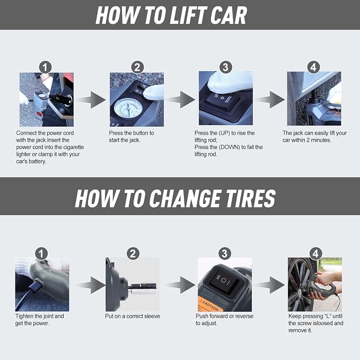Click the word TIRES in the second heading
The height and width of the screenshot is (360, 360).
click(x=250, y=198)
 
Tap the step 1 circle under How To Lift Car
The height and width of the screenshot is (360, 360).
click(x=45, y=67)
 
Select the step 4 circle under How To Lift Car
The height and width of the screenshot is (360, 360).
click(x=313, y=67)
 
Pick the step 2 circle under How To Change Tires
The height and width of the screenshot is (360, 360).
click(x=133, y=254)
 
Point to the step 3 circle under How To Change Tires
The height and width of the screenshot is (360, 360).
click(x=225, y=253)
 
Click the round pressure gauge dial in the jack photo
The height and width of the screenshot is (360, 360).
click(x=128, y=108)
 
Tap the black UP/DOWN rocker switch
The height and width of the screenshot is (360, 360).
click(x=222, y=100)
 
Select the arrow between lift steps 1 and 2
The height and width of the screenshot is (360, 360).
click(x=91, y=100)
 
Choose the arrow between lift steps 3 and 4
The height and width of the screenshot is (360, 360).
click(x=270, y=100)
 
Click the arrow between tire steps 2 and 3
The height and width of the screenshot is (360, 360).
click(x=180, y=285)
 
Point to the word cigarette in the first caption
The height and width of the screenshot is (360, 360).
click(x=73, y=147)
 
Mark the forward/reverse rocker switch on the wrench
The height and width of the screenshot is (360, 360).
click(x=223, y=280)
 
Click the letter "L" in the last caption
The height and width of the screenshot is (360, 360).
click(x=327, y=316)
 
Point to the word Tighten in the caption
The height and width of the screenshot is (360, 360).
click(x=24, y=317)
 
